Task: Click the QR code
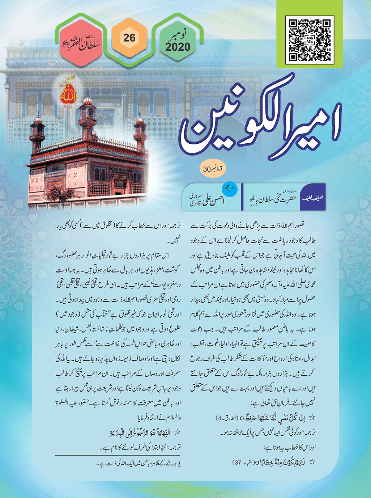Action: click(310, 40)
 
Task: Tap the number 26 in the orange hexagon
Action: click(129, 38)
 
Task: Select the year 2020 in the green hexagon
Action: click(178, 47)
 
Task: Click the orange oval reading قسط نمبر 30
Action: click(213, 169)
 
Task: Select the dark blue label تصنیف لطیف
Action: click(313, 198)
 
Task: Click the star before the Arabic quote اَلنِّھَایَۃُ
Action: click(177, 432)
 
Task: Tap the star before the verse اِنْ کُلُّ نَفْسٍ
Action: click(312, 418)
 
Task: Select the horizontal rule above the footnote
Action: click(118, 455)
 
